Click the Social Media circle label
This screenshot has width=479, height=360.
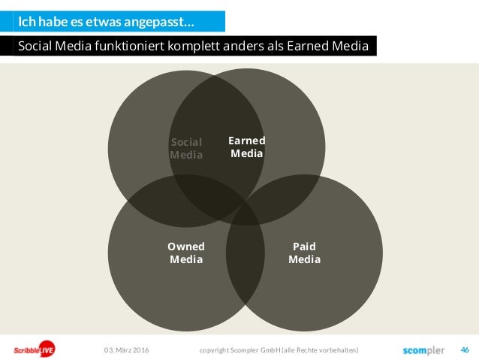186,149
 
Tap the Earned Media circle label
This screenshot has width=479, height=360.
246,147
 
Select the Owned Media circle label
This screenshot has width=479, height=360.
186,253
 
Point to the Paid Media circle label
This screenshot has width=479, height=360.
304,253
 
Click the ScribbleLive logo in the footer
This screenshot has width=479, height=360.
34,350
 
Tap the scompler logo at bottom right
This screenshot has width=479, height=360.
423,350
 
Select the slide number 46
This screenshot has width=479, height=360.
464,350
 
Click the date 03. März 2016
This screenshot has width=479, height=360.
126,350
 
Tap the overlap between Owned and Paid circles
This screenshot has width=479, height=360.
246,256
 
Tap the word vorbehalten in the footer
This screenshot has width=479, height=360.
342,350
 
